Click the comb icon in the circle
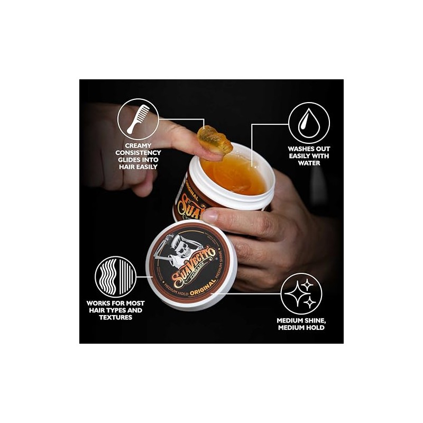click(138, 119)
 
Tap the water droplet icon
click(309, 123)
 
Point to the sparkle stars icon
click(301, 293)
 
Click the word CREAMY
click(139, 145)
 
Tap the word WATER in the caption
click(309, 163)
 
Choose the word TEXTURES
click(115, 318)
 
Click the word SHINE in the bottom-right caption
click(310, 320)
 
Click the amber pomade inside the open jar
click(233, 174)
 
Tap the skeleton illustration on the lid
click(177, 249)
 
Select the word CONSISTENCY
click(139, 153)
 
